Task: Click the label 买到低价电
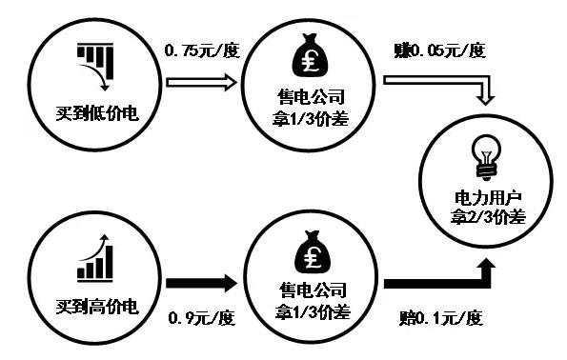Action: [x=98, y=114]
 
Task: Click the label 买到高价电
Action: [x=97, y=307]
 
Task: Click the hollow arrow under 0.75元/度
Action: [x=202, y=83]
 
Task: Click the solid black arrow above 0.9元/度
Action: [x=201, y=283]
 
